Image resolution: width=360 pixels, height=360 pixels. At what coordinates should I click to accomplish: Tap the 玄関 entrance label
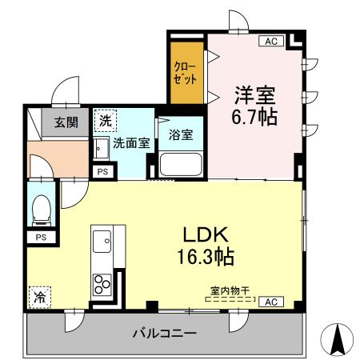[66, 123]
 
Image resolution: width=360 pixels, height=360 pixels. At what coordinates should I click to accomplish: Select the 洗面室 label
[130, 144]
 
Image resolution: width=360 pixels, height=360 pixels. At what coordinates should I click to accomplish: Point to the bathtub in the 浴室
[181, 165]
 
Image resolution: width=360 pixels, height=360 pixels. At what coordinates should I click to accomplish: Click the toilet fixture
[41, 210]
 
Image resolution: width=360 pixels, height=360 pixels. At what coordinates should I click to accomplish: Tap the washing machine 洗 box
[105, 122]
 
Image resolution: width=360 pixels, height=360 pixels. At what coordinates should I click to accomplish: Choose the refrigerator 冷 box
[38, 296]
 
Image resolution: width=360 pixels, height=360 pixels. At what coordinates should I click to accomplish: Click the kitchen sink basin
[102, 240]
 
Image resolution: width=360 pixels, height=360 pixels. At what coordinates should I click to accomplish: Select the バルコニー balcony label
[164, 333]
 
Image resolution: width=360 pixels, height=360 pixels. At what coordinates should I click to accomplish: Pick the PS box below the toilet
[41, 238]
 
